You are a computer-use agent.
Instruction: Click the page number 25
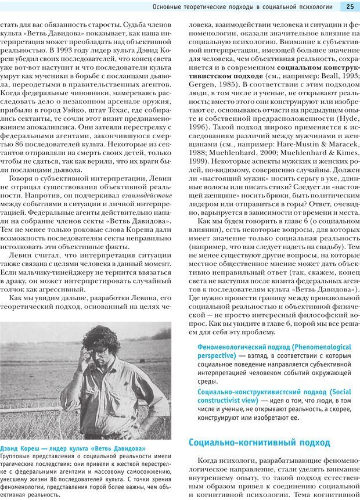point(350,7)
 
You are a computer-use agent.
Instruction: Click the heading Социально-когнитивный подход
point(259,443)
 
